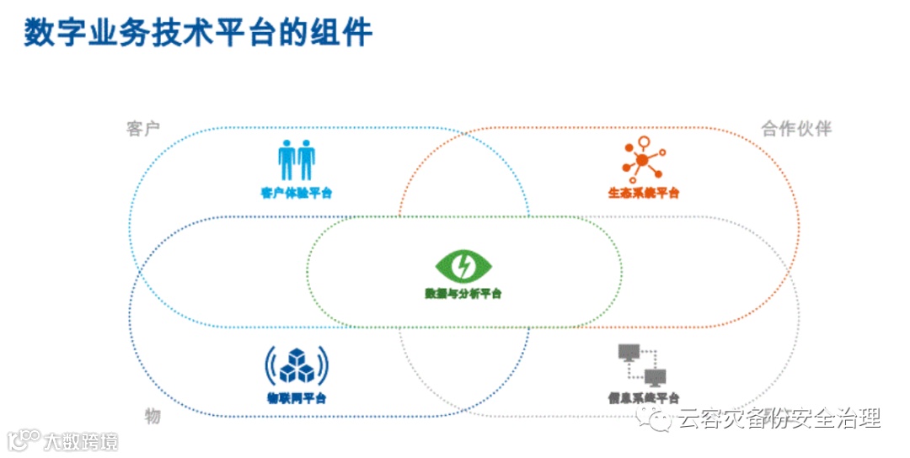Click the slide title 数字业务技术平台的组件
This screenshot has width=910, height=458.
coord(198,35)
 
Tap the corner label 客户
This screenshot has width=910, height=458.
coord(144,129)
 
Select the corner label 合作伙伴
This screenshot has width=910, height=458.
coord(796,129)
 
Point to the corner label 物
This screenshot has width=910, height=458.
coord(152,416)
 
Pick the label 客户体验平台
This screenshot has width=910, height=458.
coord(297,193)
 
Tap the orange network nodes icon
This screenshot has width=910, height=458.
coord(643,160)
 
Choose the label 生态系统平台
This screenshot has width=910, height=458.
coord(643,193)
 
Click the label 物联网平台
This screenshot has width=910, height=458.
coord(297,397)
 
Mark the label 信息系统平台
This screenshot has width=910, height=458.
coord(643,397)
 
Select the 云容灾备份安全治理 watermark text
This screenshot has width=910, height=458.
coord(779,418)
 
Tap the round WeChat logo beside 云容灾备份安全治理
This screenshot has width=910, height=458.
coord(661,418)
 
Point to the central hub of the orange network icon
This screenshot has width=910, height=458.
coord(642,160)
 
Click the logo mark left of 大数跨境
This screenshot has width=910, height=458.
coord(24,440)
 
